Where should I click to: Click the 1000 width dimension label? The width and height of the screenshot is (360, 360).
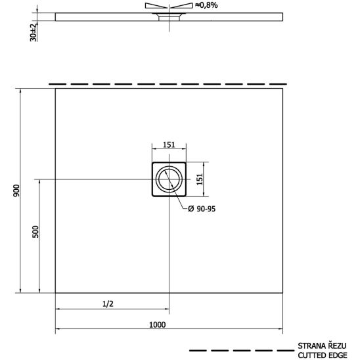pos(157,325)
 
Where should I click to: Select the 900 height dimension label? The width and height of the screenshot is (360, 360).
pos(16,191)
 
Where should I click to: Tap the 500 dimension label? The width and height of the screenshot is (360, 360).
pos(35,232)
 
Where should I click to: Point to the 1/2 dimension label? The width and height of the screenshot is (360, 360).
pos(108,304)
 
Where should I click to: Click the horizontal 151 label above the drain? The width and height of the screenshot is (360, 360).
pos(169,145)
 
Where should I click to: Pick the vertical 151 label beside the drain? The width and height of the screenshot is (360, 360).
pos(200,179)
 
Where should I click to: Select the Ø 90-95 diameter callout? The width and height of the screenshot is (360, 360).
pos(202,209)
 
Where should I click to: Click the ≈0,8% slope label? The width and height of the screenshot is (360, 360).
pos(206,5)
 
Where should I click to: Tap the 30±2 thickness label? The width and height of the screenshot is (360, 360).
pos(34,32)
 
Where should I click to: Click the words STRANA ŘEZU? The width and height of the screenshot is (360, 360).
pos(322,346)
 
